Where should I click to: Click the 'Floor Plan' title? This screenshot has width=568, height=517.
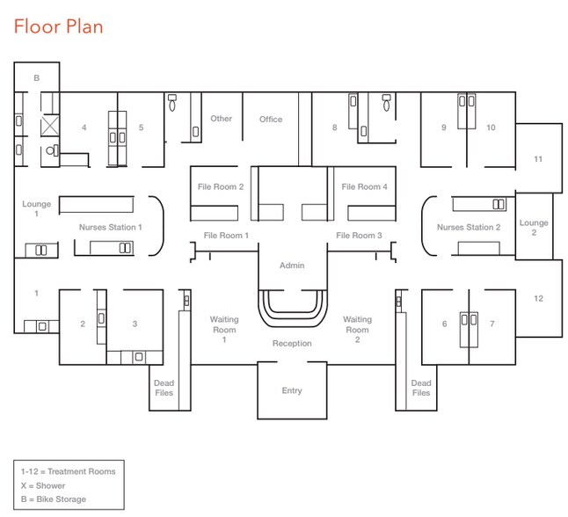pyautogui.click(x=58, y=26)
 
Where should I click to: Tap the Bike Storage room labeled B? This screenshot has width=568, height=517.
pyautogui.click(x=37, y=78)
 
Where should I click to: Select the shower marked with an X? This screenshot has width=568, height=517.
pyautogui.click(x=49, y=126)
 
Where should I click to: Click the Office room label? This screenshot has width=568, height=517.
pyautogui.click(x=271, y=120)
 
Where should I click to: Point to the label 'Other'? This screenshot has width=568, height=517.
pyautogui.click(x=221, y=119)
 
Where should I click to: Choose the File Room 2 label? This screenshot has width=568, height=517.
pyautogui.click(x=221, y=186)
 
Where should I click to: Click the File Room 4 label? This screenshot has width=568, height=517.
pyautogui.click(x=364, y=186)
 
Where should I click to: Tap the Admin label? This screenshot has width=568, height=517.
pyautogui.click(x=292, y=266)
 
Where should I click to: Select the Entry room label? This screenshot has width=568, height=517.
pyautogui.click(x=292, y=390)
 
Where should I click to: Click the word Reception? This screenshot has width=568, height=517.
pyautogui.click(x=292, y=343)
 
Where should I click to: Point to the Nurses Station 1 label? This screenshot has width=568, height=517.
pyautogui.click(x=111, y=227)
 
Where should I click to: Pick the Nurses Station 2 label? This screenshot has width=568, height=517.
pyautogui.click(x=469, y=227)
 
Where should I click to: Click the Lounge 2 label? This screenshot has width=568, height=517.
pyautogui.click(x=534, y=228)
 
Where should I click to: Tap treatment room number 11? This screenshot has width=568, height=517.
pyautogui.click(x=538, y=159)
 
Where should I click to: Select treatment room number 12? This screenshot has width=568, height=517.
pyautogui.click(x=538, y=298)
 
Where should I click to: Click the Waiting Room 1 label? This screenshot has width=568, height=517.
pyautogui.click(x=224, y=330)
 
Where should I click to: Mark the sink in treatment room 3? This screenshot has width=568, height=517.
pyautogui.click(x=139, y=357)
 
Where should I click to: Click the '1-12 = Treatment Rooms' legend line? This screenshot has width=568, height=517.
pyautogui.click(x=68, y=471)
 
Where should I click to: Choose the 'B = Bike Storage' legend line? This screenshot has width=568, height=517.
pyautogui.click(x=54, y=499)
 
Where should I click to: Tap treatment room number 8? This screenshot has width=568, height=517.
pyautogui.click(x=334, y=127)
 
